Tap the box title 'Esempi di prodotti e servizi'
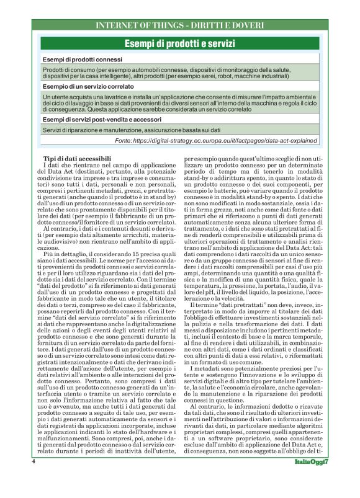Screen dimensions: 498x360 pos(180,43)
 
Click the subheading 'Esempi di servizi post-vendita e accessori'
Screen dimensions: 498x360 pos(102,119)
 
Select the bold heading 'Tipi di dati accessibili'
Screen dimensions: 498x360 pos(76,159)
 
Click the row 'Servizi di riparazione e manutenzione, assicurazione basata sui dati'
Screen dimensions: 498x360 pos(132,131)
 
